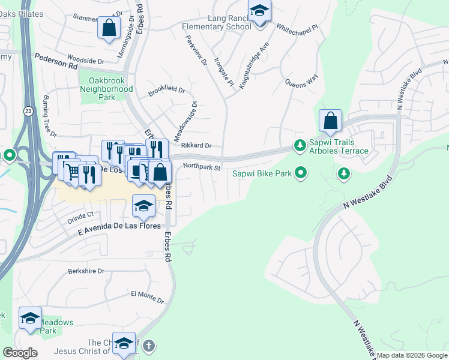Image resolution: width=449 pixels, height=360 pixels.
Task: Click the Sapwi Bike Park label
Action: tap(262, 174)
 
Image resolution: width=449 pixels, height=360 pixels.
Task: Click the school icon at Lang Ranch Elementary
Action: tap(259, 11)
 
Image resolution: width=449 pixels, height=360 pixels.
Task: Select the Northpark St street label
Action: tap(202, 167)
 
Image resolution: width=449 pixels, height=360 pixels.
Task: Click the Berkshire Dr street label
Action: tap(86, 271)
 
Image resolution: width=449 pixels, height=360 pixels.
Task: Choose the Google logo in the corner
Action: tap(20, 353)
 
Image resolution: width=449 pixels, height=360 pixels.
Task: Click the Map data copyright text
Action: tap(412, 355)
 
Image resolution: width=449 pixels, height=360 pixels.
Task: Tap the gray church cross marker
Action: tap(149, 346)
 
